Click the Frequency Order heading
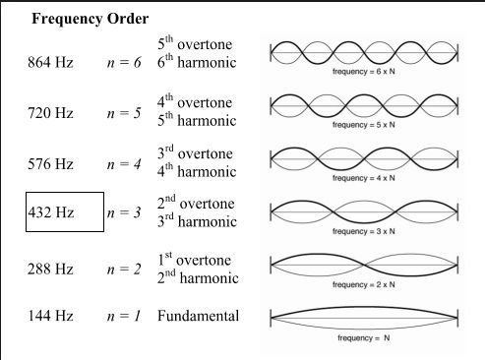coord(91,20)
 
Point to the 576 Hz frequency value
coord(50,162)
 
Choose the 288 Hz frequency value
coord(50,269)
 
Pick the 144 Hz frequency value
coord(50,317)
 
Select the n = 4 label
coord(125,162)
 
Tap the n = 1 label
coord(125,317)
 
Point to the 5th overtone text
coord(194,46)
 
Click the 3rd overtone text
coord(194,153)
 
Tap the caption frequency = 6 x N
coord(363,72)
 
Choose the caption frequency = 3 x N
coord(363,230)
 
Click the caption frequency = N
coord(363,337)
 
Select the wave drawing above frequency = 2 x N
coord(363,267)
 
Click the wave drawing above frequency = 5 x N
coord(363,105)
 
